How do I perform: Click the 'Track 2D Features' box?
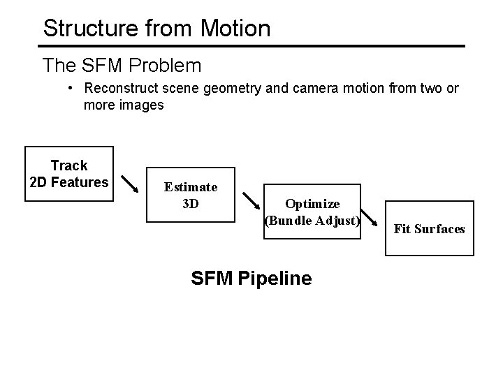(x=69, y=174)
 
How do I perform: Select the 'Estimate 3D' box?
(x=190, y=195)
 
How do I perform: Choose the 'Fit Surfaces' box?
(x=429, y=228)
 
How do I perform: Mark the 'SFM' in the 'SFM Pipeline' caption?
(x=212, y=279)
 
